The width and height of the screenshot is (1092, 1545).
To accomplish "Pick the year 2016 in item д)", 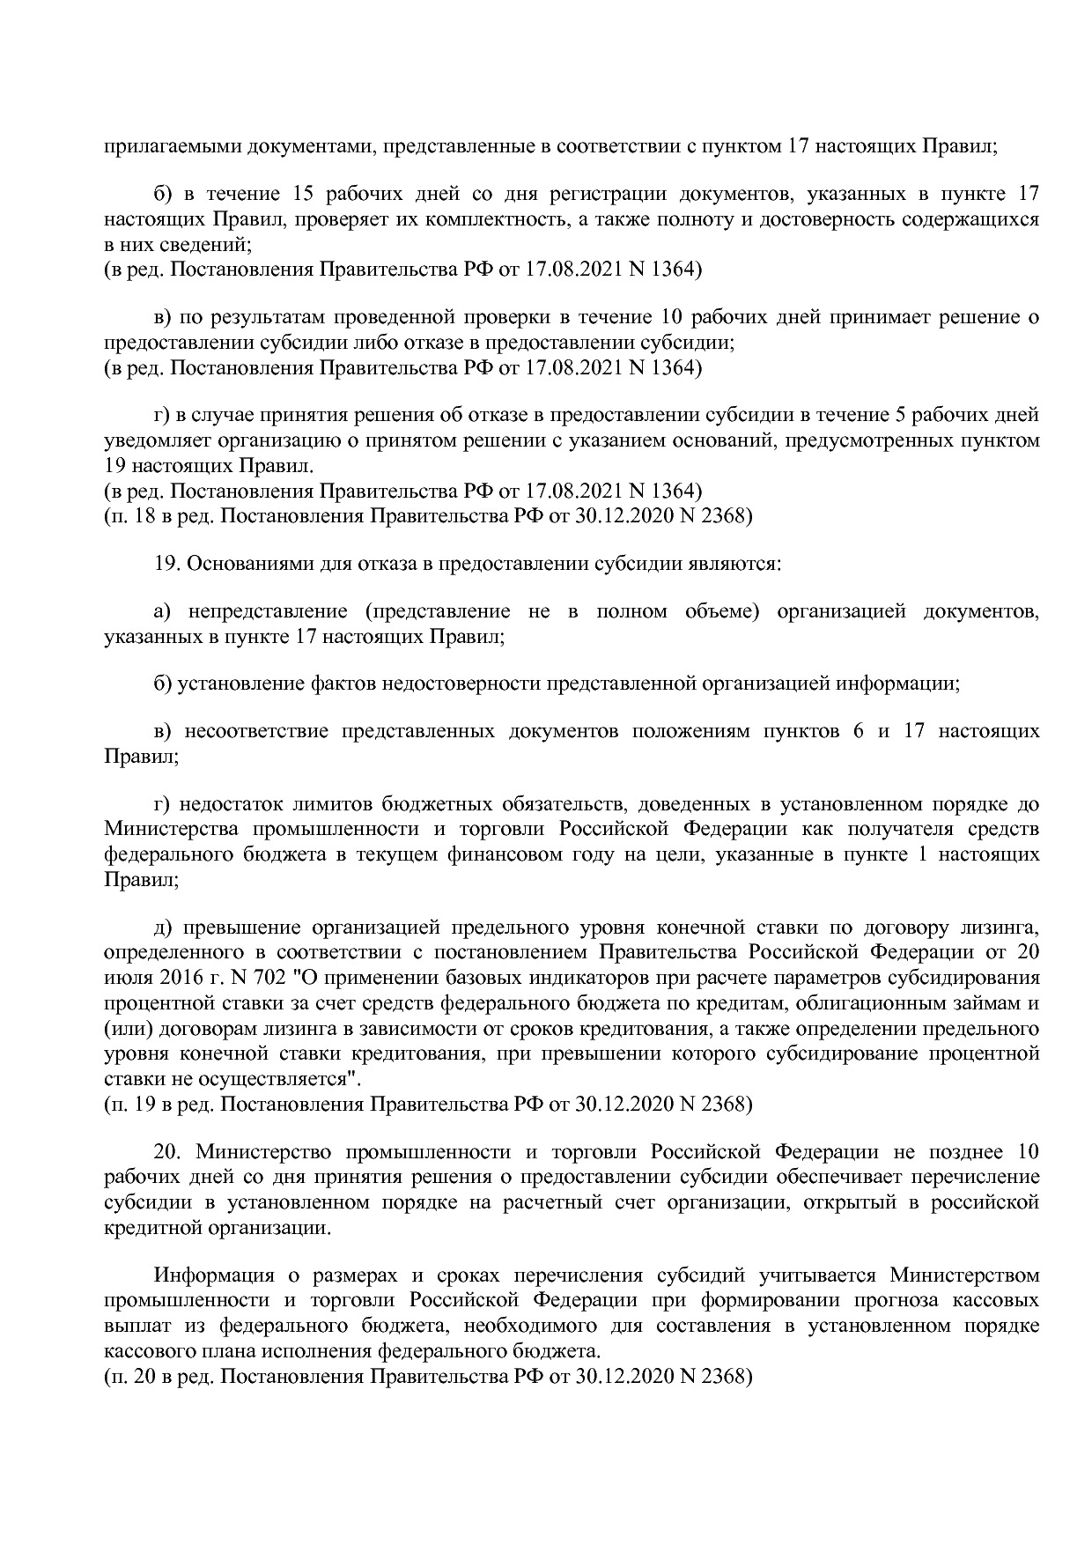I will point(183,978).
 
